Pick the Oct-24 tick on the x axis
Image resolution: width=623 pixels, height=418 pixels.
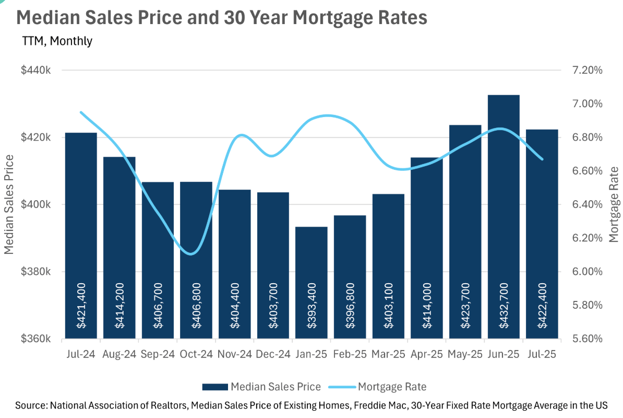click(x=196, y=354)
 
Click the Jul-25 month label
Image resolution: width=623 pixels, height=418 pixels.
click(x=542, y=354)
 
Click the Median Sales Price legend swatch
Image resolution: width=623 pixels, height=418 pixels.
click(x=215, y=387)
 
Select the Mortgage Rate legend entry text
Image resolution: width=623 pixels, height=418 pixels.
click(x=392, y=387)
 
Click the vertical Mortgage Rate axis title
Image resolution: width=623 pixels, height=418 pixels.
click(x=614, y=204)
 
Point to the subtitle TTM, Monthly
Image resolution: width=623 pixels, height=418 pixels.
click(x=57, y=41)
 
